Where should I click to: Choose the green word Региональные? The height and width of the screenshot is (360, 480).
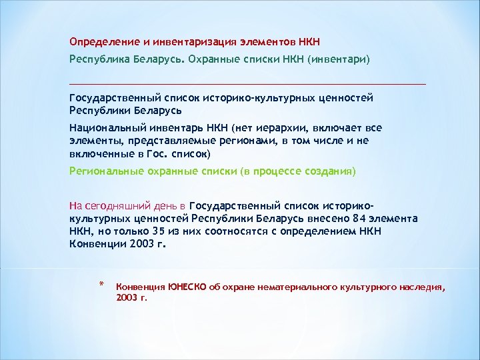point(101,171)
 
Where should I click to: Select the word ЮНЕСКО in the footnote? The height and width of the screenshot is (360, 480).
point(187,287)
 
